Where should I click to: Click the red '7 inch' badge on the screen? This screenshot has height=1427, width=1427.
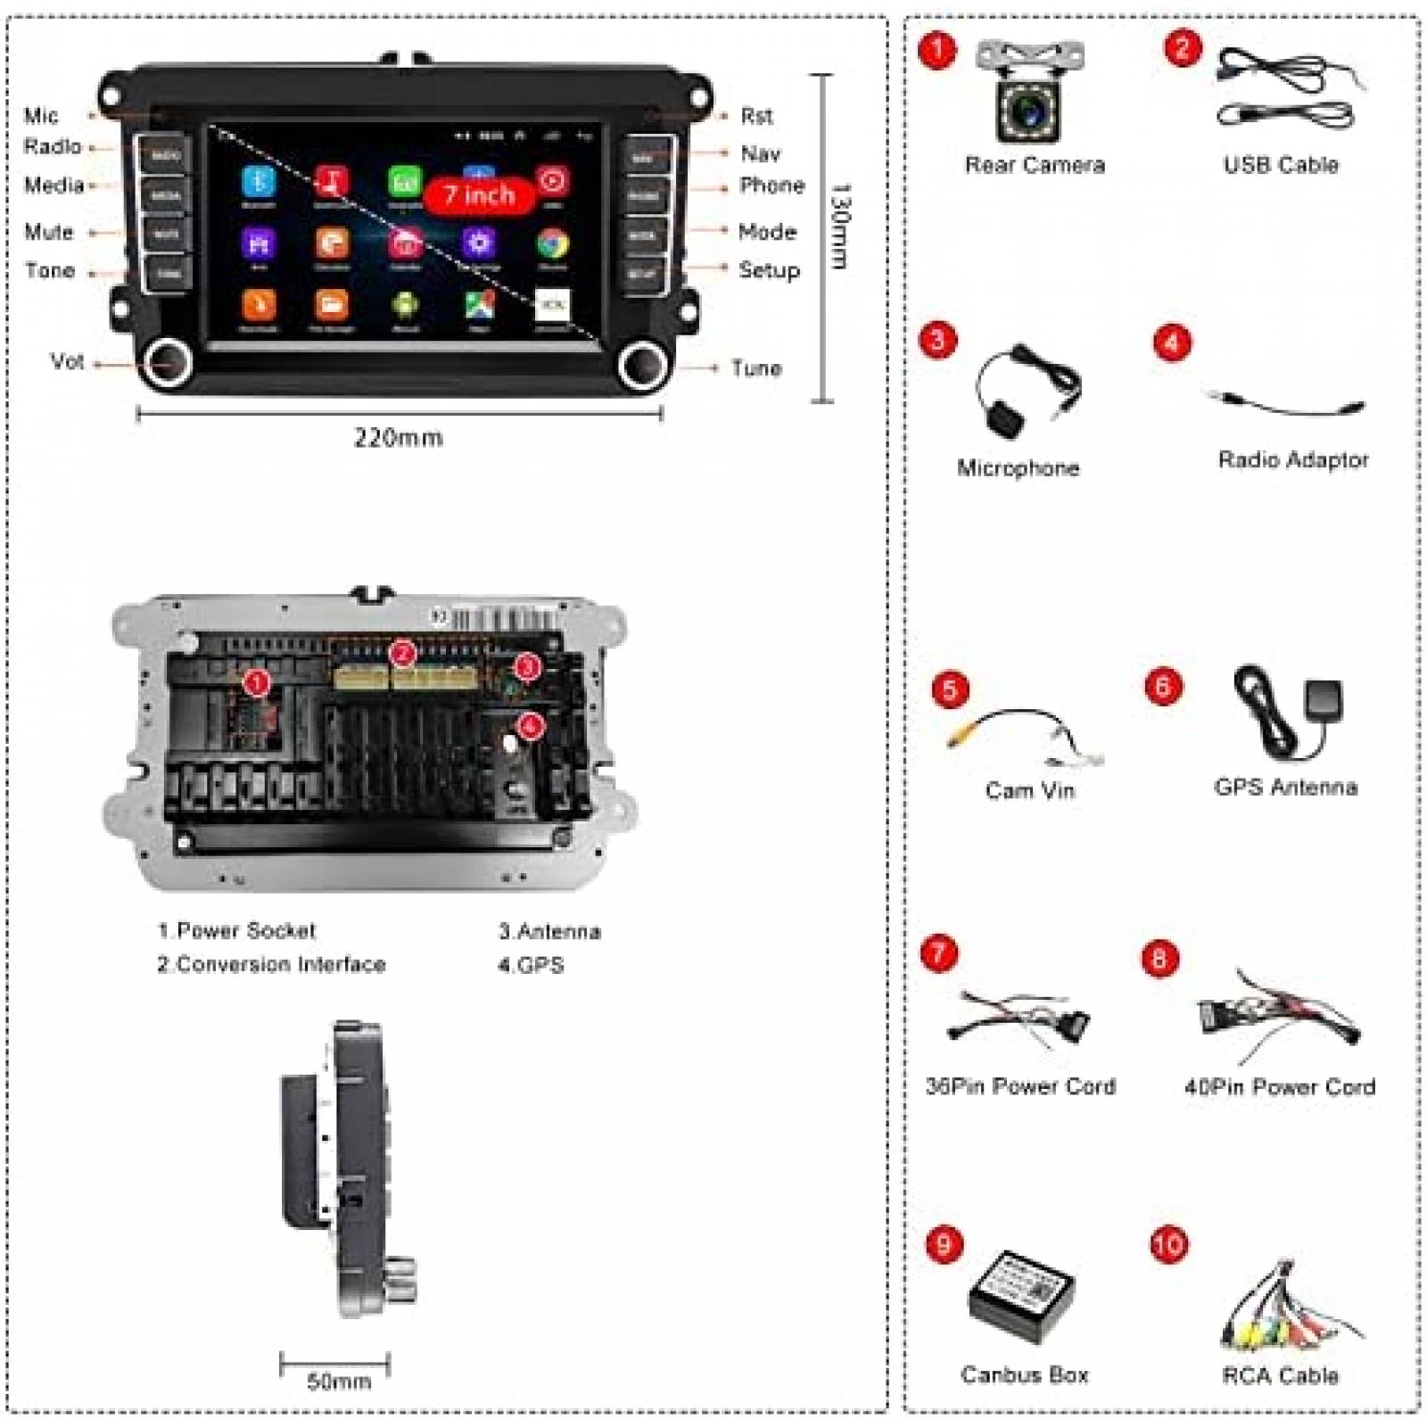pyautogui.click(x=479, y=195)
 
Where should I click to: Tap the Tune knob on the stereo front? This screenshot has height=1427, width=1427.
pyautogui.click(x=643, y=364)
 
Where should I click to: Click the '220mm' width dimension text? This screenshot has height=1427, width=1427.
pyautogui.click(x=399, y=438)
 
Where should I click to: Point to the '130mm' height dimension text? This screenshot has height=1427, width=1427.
pyautogui.click(x=840, y=227)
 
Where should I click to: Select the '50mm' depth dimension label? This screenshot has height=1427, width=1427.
pyautogui.click(x=338, y=1382)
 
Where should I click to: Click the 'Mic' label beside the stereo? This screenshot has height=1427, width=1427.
pyautogui.click(x=41, y=116)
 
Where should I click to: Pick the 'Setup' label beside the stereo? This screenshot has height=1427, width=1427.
pyautogui.click(x=769, y=270)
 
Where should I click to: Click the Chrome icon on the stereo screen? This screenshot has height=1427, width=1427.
pyautogui.click(x=552, y=243)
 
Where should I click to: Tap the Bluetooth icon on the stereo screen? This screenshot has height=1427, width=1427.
pyautogui.click(x=259, y=182)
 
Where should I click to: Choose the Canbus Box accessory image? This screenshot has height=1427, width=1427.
pyautogui.click(x=1022, y=1297)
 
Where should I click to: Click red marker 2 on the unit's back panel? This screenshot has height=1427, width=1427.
pyautogui.click(x=403, y=654)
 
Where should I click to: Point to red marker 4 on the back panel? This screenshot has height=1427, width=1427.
pyautogui.click(x=531, y=726)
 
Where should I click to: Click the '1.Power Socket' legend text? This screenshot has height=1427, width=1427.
pyautogui.click(x=237, y=931)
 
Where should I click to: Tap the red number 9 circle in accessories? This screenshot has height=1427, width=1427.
pyautogui.click(x=944, y=1244)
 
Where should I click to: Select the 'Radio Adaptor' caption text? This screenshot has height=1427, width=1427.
pyautogui.click(x=1292, y=460)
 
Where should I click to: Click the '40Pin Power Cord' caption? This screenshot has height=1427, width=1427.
pyautogui.click(x=1279, y=1087)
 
